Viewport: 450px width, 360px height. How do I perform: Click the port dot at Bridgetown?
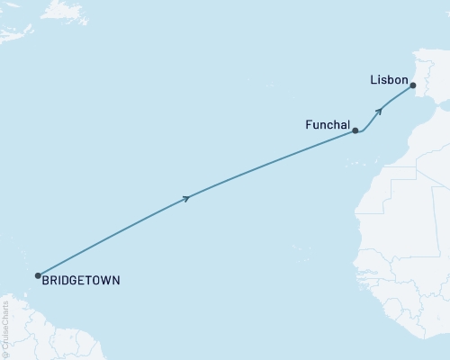37,275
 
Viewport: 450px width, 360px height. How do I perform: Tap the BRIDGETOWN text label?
80,281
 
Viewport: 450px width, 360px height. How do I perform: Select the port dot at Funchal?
355,130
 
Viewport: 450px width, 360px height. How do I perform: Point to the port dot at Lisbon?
412,85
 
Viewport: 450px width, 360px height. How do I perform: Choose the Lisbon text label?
389,80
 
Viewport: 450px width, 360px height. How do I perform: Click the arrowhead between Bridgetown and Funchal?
186,198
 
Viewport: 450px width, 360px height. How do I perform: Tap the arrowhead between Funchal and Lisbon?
379,111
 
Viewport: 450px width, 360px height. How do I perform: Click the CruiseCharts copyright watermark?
6,328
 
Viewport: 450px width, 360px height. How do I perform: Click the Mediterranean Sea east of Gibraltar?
441,108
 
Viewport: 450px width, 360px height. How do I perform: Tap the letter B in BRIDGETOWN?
45,281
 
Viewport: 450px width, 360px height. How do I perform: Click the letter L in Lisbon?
373,80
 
